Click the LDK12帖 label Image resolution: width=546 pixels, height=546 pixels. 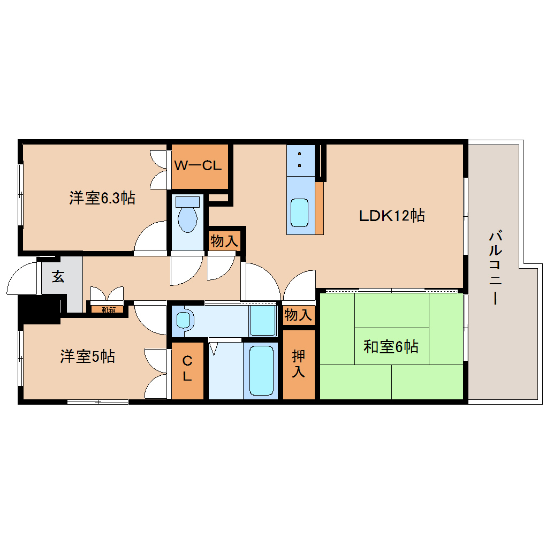392,216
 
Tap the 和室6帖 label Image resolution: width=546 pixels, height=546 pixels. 391,347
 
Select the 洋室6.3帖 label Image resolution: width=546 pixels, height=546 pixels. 102,198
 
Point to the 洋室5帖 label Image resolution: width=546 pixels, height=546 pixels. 87,357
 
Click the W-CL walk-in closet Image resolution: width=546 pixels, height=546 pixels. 198,166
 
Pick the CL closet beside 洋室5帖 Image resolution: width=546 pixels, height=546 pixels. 187,369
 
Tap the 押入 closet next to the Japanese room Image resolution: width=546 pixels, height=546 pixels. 298,364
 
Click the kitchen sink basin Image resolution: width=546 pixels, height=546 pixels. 299,213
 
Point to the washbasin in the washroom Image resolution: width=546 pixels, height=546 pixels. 183,320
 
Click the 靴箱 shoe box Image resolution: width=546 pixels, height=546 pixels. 108,309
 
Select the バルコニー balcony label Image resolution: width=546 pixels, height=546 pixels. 496,268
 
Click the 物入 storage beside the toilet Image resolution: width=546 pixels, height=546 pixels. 224,241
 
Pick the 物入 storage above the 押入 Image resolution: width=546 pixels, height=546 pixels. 298,315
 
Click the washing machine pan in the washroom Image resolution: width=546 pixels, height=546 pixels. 263,320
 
